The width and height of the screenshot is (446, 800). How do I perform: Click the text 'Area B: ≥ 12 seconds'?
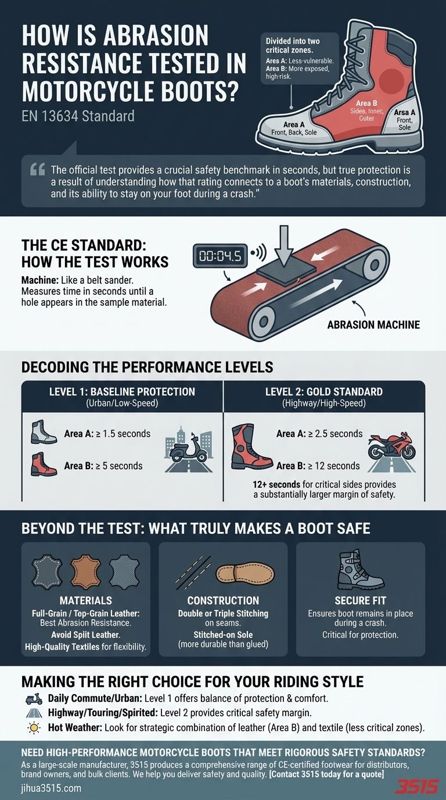tap(318, 466)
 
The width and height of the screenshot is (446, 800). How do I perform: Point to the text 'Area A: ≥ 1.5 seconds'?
tap(107, 434)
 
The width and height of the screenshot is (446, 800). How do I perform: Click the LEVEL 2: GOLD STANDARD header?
tap(323, 391)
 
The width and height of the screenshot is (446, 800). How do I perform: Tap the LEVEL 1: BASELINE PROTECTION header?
tap(122, 391)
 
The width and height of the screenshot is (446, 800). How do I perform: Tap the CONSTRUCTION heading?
tap(222, 601)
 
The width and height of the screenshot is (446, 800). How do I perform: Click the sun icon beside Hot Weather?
tap(31, 726)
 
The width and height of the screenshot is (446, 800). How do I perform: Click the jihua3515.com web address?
tap(51, 788)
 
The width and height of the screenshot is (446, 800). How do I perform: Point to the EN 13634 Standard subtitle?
tap(78, 116)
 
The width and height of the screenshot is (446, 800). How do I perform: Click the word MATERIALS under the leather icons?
tap(85, 601)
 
